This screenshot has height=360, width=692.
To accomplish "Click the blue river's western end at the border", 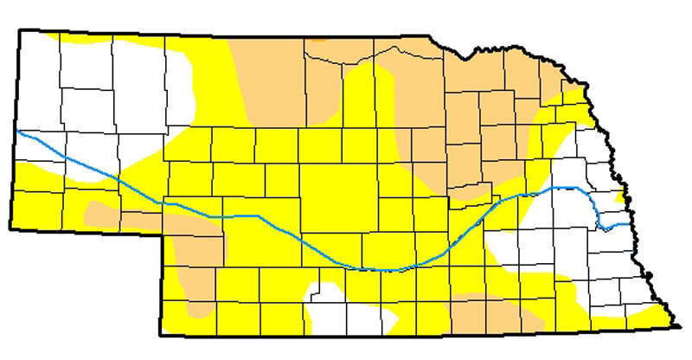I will pos(18,132).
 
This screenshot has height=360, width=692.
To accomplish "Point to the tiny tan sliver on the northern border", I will pos(321,39).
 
